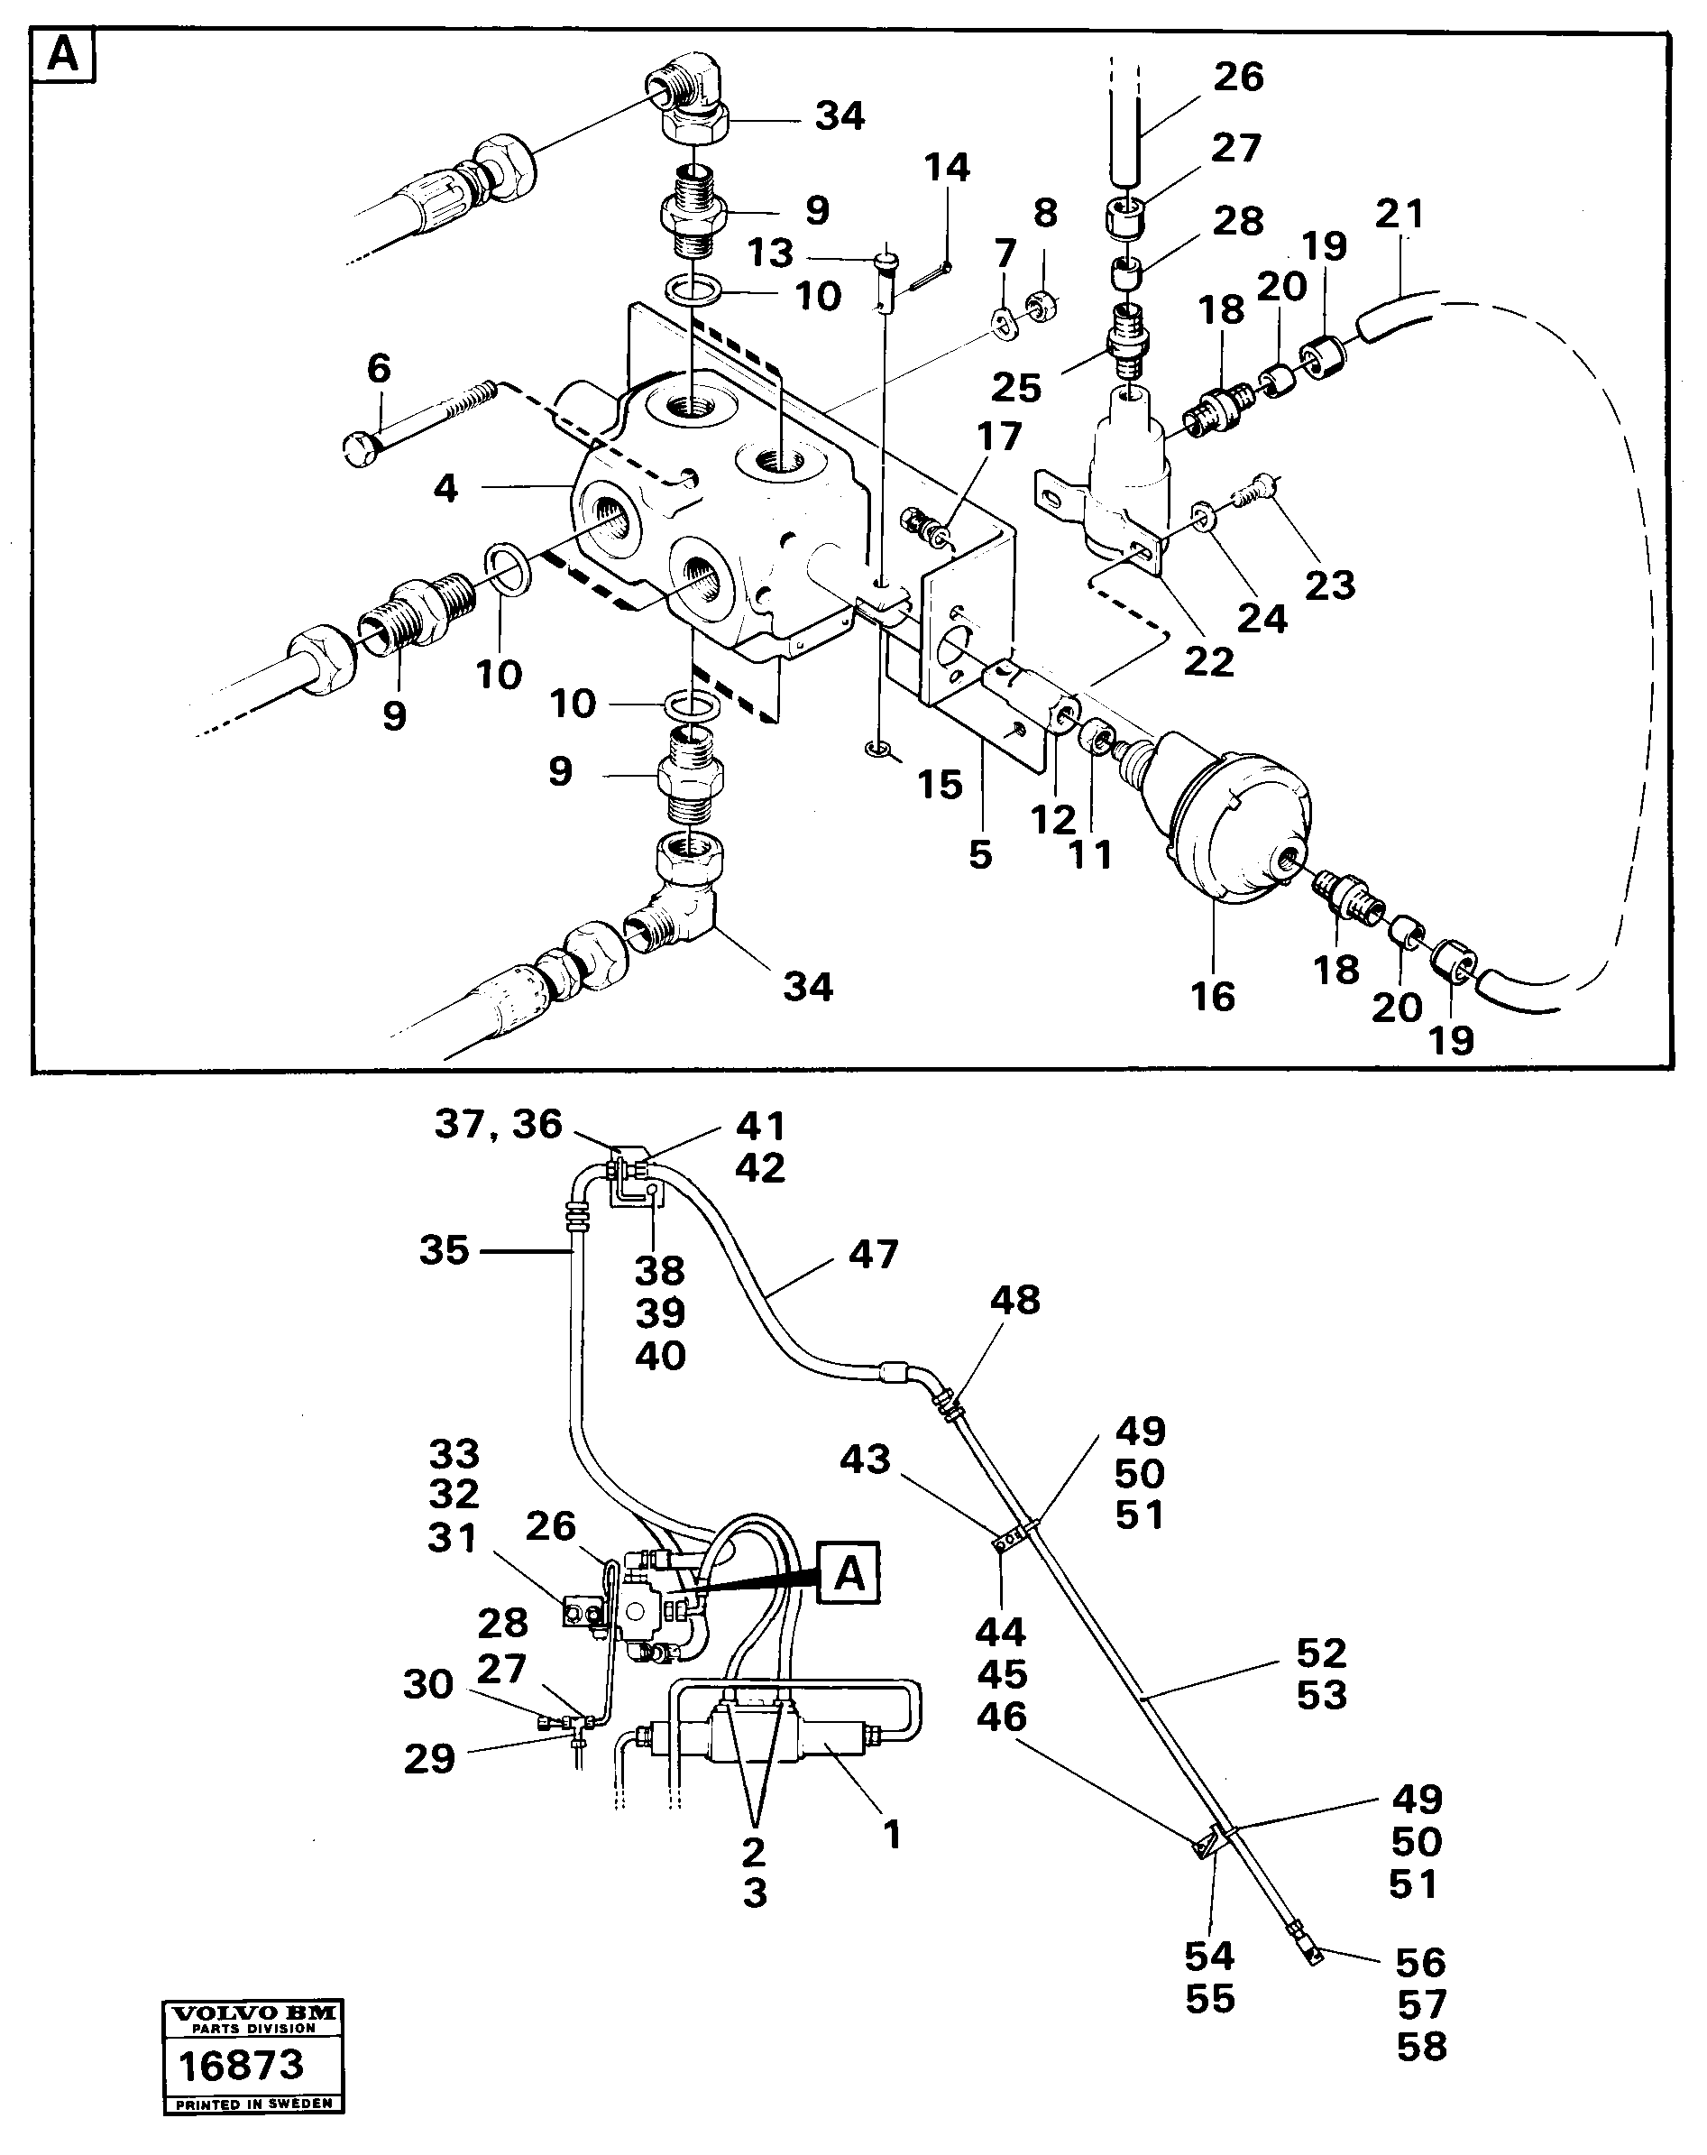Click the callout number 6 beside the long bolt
coord(379,369)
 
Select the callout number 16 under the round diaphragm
coord(1212,997)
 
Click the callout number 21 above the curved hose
coord(1400,213)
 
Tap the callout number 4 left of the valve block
coord(445,489)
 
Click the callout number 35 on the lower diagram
coord(444,1250)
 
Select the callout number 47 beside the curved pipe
coord(874,1254)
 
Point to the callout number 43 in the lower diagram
coord(865,1460)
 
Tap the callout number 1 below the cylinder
coord(892,1834)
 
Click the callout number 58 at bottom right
coord(1421,2047)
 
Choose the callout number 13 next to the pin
coord(771,253)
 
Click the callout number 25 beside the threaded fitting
coord(1016,388)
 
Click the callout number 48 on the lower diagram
coord(1015,1301)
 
